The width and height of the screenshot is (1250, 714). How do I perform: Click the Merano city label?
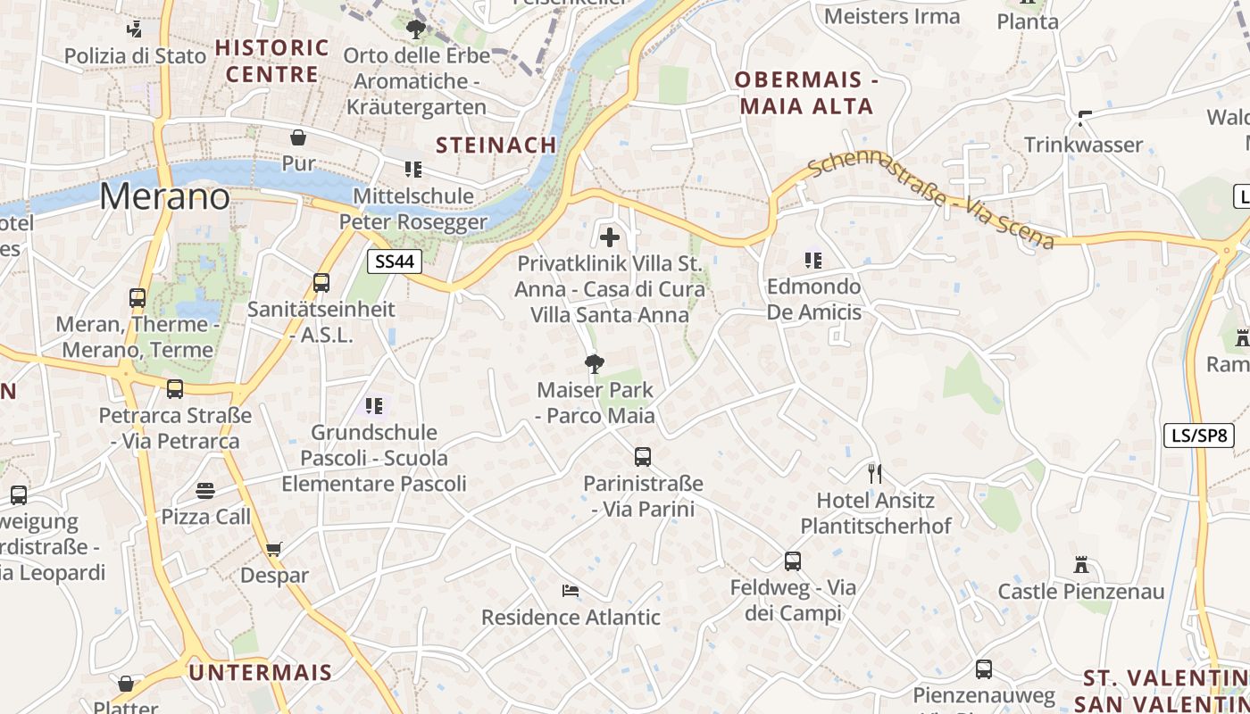point(164,196)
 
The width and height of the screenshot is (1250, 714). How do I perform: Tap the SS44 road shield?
point(394,261)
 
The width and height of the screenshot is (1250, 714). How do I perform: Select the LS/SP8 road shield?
point(1199,436)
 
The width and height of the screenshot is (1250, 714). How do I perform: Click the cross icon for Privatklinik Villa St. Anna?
point(610,237)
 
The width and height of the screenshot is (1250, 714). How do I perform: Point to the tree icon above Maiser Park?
point(594,364)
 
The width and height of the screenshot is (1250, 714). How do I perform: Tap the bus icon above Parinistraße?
point(642,457)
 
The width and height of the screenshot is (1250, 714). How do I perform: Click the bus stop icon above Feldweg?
point(793,561)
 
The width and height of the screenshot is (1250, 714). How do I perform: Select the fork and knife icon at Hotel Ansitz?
point(875,473)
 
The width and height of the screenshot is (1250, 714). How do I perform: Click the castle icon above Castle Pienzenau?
point(1081,565)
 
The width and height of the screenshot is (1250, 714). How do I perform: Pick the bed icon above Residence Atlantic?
point(571,591)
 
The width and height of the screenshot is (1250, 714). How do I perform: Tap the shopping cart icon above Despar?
point(274,549)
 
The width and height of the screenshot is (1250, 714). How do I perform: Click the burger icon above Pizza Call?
point(205,490)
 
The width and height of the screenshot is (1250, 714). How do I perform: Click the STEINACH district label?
point(496,145)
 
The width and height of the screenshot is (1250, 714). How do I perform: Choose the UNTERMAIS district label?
point(261,672)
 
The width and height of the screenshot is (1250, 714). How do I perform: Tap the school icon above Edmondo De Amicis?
point(813,261)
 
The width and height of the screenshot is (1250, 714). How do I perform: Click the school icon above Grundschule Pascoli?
point(374,406)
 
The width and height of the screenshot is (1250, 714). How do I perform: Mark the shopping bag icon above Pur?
point(298,137)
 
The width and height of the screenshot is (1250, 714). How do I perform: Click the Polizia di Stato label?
point(135,55)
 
